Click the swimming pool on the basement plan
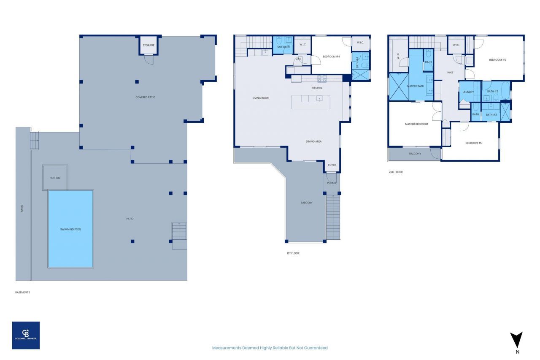point(70,229)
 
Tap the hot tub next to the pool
point(55,178)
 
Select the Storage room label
point(148,45)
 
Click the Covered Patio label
point(145,97)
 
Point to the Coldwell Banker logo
point(26,335)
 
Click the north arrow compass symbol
point(516,341)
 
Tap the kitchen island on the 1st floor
point(311,102)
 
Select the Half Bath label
point(283,47)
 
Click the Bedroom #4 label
point(331,57)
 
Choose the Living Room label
point(261,98)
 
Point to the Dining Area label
point(313,141)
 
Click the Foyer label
point(332,165)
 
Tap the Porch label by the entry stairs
point(332,183)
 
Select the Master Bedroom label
point(416,124)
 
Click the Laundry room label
point(468,92)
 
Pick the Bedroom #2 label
point(497,60)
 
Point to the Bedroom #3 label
point(474,143)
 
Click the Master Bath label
point(415,86)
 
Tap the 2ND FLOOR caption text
point(396,172)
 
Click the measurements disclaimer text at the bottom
point(270,348)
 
